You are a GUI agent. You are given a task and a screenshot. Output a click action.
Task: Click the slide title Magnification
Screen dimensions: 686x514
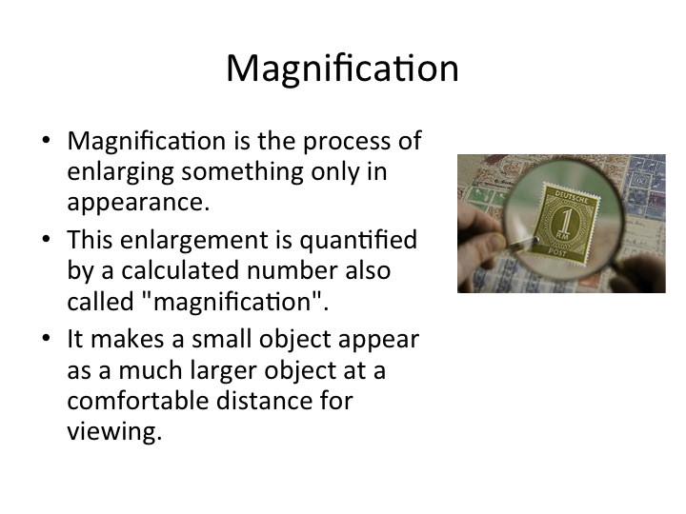coord(342,69)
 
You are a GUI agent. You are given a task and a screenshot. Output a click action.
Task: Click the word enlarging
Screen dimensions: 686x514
coord(121,172)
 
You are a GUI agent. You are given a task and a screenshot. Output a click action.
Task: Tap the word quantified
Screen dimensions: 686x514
coord(358,241)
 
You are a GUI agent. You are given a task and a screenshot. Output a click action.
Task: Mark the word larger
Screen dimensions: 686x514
coord(224,371)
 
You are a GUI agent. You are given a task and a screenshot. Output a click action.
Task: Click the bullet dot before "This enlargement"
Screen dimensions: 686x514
coord(47,240)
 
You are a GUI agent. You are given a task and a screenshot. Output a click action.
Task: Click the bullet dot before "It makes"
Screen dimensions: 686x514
coord(47,338)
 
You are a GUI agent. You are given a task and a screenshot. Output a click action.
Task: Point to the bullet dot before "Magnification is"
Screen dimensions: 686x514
coord(47,140)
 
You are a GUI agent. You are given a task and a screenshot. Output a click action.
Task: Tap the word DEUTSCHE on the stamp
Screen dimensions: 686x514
coord(572,196)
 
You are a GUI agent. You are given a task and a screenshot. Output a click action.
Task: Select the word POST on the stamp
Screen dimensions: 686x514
coord(556,251)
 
